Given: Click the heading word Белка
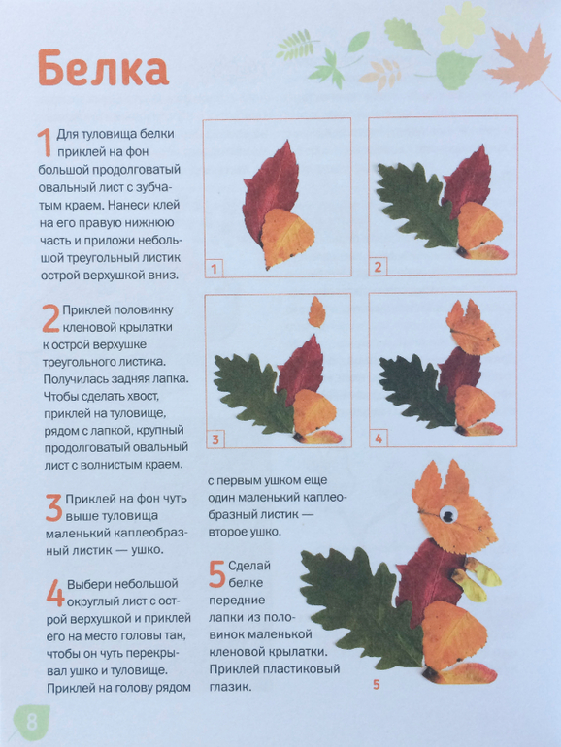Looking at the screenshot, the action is pos(103,68).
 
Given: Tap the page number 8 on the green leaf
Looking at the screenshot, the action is pos(32,721).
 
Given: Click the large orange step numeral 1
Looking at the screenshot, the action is pos(44,143).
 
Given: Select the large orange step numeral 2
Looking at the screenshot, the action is pos(50,319).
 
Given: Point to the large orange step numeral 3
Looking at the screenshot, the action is pos(53,507).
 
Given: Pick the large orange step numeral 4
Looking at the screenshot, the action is pos(55,593).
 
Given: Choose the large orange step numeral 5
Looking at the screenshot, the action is pos(216,574).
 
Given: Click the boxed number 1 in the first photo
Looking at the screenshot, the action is pos(214,269).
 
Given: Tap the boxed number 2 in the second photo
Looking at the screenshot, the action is pos(378,267).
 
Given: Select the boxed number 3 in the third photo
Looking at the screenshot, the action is pos(214,439).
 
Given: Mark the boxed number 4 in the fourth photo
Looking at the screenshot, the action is pos(379,438).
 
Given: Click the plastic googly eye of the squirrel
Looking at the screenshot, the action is pos(448,514).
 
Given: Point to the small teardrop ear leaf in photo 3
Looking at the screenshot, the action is pos(316,312).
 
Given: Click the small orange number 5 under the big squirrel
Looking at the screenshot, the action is pos(377,685).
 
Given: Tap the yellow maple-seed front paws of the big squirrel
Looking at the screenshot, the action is pos(476,578).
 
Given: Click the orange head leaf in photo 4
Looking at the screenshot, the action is pos(472,328).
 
